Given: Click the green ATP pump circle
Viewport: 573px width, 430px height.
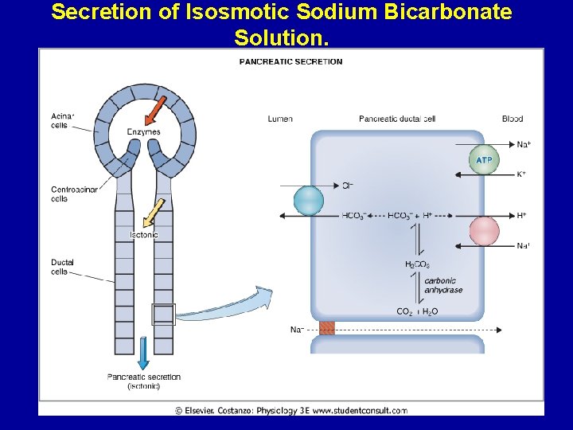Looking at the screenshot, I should click(x=483, y=160).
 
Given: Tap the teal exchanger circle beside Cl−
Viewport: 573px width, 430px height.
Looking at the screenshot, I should click(x=309, y=200).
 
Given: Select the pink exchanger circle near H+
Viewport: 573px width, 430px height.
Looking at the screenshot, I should click(x=484, y=231).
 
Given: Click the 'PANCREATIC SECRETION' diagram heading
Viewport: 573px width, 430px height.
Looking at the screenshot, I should click(x=291, y=61).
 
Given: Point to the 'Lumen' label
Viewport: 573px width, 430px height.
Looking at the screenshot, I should click(x=280, y=119).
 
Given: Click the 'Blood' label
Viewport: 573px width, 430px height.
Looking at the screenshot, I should click(x=513, y=119).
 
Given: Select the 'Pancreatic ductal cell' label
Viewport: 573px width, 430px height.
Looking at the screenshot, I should click(x=397, y=119).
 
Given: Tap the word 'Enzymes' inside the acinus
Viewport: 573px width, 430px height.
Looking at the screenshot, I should click(x=144, y=132).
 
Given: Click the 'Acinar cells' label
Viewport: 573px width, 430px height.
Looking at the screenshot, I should click(x=62, y=120).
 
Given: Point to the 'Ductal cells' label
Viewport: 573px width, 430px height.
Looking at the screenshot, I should click(x=62, y=267).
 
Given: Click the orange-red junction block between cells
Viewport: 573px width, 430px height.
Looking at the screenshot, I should click(x=326, y=328).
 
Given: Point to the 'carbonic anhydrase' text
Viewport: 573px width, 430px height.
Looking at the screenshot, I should click(x=443, y=285).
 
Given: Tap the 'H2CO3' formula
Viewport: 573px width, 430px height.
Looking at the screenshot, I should click(x=417, y=264).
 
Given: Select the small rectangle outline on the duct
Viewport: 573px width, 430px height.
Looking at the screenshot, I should click(x=164, y=315).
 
